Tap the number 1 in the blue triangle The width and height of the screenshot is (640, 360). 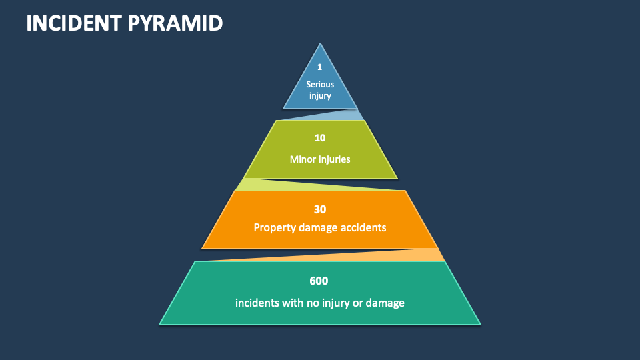320,67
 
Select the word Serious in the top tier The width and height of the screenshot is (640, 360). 320,84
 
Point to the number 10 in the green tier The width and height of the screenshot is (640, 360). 320,138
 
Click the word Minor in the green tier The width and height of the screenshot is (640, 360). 302,159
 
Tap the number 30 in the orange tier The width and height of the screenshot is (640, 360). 320,209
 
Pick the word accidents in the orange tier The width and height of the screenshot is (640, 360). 364,227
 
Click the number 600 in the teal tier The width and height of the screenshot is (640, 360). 319,281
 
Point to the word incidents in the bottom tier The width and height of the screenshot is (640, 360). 257,303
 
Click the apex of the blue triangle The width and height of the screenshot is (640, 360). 321,45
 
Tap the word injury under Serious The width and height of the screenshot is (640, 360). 320,96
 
